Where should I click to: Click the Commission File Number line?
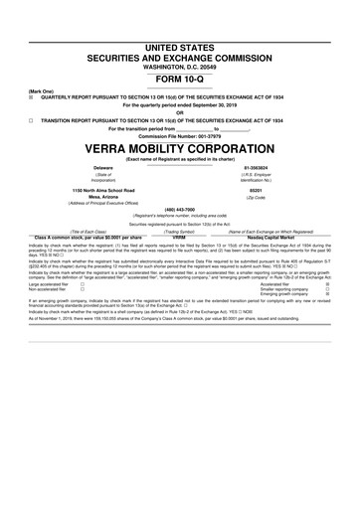tap(180, 135)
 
